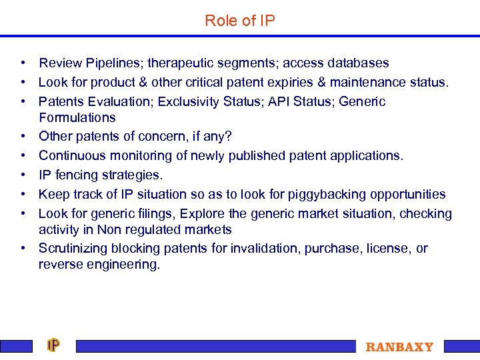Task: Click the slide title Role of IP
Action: coord(239,21)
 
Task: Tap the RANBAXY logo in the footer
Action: coord(399,347)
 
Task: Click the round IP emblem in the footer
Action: coord(53,345)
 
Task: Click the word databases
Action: coord(357,63)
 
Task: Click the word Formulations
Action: coord(77,118)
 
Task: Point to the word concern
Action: coord(158,137)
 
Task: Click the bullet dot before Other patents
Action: coord(23,137)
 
